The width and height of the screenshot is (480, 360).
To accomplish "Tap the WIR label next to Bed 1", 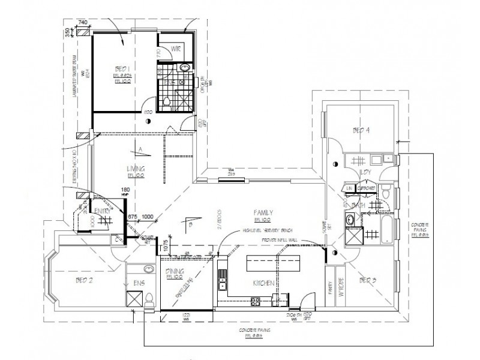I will [176, 47].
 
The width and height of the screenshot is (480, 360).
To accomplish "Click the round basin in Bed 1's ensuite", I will [185, 67].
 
